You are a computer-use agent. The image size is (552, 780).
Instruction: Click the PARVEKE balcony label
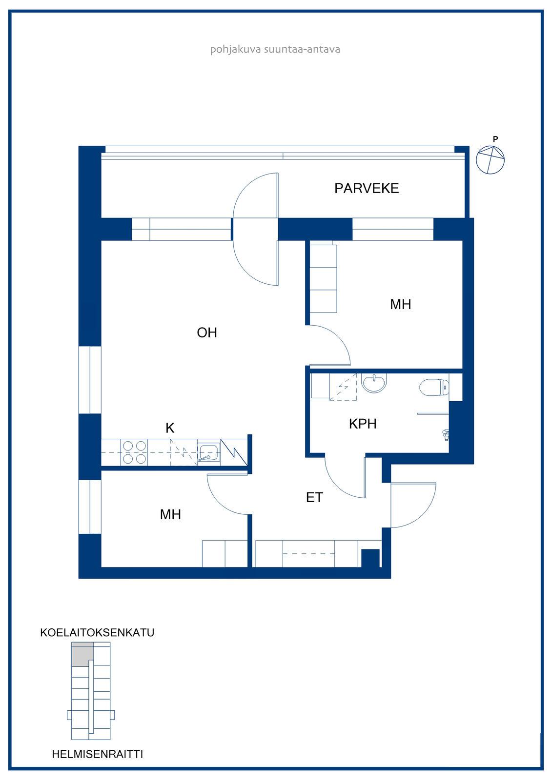(x=366, y=188)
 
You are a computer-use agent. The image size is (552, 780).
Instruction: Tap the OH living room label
(x=207, y=332)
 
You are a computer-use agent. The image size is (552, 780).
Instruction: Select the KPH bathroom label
(x=363, y=424)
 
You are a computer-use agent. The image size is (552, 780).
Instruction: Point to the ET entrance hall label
(x=314, y=497)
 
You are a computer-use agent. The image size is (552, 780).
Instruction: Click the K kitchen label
(x=170, y=428)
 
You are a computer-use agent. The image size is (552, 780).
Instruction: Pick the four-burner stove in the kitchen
(x=134, y=452)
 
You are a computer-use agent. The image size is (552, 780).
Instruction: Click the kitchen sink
(x=208, y=452)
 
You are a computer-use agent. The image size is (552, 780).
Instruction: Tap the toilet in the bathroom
(x=434, y=387)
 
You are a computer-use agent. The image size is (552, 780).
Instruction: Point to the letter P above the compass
(x=495, y=139)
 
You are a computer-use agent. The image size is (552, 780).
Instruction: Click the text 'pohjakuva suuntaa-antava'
(x=275, y=49)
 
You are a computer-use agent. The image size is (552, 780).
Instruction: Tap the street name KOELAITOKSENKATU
(x=97, y=632)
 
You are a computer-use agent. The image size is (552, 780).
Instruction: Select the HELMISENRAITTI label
(x=98, y=754)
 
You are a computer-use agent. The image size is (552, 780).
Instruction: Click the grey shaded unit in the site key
(x=82, y=655)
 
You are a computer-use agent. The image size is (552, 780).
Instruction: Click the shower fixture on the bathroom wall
(x=445, y=435)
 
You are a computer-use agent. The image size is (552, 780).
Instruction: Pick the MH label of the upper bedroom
(x=400, y=304)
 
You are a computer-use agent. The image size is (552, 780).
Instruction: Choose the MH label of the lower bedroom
(x=170, y=514)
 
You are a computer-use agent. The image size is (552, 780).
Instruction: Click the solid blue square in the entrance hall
(x=370, y=558)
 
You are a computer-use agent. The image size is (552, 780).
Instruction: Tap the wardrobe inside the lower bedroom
(x=225, y=554)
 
